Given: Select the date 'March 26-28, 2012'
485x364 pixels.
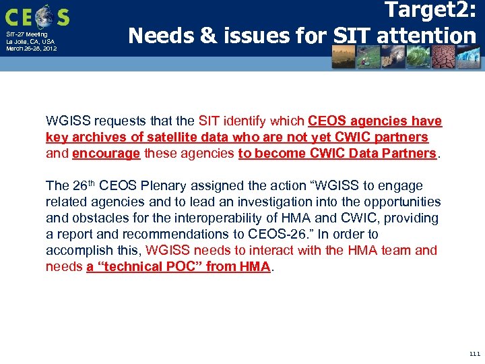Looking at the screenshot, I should point(31,49).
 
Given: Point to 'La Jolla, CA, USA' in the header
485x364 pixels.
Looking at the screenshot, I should point(30,41).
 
